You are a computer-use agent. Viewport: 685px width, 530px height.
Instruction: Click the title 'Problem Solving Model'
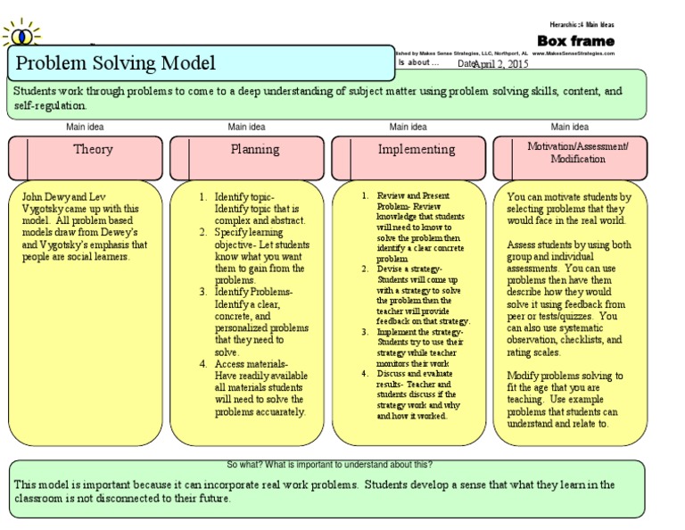(x=116, y=63)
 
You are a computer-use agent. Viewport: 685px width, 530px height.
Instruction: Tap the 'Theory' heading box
(x=93, y=150)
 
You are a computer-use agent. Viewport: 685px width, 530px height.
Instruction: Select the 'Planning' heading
(x=254, y=150)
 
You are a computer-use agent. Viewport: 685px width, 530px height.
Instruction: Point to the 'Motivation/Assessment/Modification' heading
(x=577, y=152)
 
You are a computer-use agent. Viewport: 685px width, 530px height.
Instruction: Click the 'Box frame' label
(x=575, y=41)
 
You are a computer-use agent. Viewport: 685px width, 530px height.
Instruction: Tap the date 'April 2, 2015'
(x=500, y=64)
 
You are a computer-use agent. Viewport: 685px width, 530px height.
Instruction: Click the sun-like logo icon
(x=21, y=36)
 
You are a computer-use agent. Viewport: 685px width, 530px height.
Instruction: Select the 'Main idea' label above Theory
(x=85, y=127)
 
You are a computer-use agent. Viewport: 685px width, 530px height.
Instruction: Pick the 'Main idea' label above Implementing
(x=409, y=127)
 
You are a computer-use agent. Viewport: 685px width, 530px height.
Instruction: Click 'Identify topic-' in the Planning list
(x=244, y=196)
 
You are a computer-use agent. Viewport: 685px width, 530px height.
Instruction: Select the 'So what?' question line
(x=330, y=465)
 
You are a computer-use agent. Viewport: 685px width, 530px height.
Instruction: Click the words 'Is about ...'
(x=418, y=62)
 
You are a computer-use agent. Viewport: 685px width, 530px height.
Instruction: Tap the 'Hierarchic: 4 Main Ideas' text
(x=582, y=24)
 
